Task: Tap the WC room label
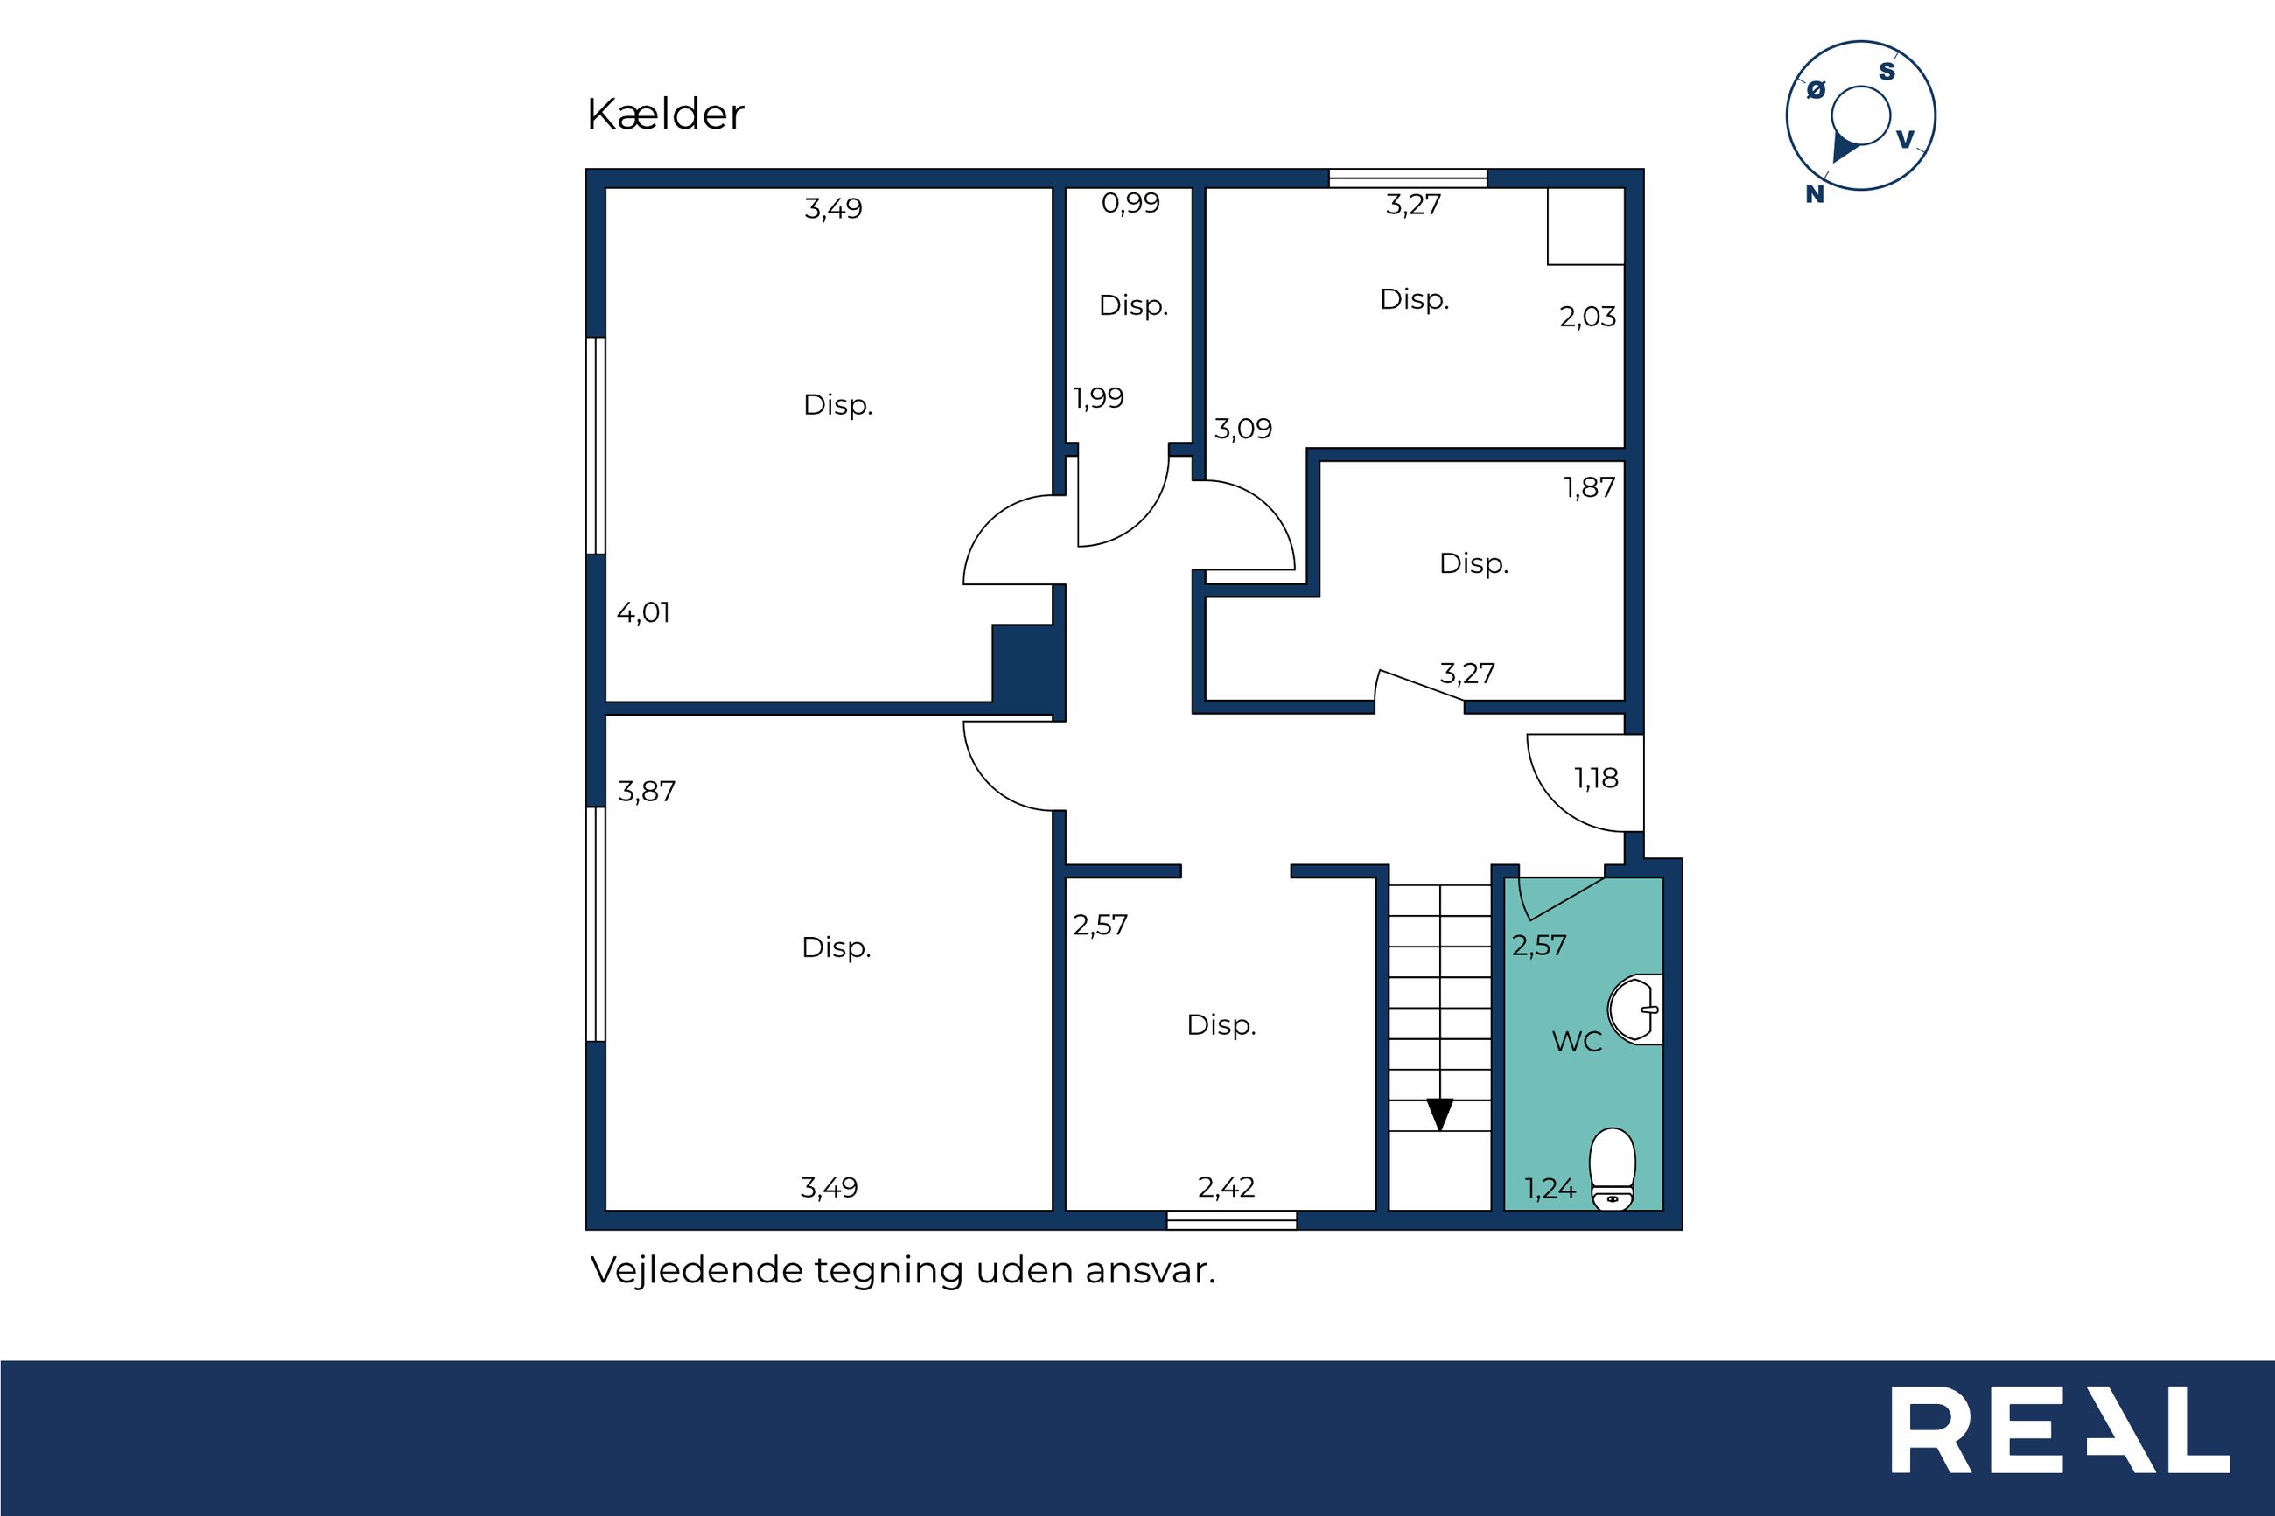[1577, 1041]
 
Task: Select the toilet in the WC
[1612, 1168]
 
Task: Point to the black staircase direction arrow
[1439, 1114]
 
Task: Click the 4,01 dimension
[643, 613]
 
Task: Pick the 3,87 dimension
[646, 792]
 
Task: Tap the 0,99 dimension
[1130, 203]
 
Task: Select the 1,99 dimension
[1098, 398]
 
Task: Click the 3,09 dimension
[1242, 429]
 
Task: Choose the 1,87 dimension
[1590, 487]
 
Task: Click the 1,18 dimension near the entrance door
[1596, 779]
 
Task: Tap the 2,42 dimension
[1226, 1187]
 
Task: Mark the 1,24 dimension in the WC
[1550, 1189]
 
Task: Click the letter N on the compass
[1815, 194]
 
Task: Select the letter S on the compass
[1886, 72]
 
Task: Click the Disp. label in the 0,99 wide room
[1133, 306]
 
